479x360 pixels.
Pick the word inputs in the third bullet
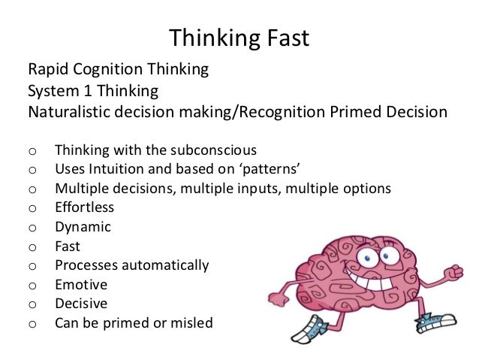[x=260, y=187]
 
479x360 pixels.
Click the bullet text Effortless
[x=84, y=207]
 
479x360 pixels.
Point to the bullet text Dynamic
[x=83, y=226]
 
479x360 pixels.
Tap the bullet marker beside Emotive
[x=32, y=286]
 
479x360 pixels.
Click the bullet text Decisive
[x=80, y=304]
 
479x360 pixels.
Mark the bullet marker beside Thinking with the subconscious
[x=32, y=149]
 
